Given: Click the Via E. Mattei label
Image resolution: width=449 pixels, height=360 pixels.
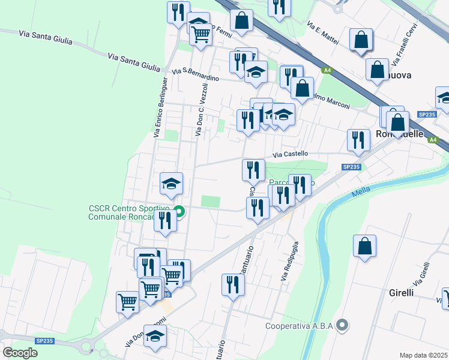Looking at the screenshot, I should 323,34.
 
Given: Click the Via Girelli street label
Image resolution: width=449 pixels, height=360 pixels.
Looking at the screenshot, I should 421,274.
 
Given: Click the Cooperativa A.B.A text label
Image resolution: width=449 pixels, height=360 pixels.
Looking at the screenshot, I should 300,327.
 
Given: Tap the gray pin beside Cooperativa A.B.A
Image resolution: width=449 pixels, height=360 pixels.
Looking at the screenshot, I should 342,326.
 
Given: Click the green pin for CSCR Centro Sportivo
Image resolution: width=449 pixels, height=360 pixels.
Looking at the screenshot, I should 179,212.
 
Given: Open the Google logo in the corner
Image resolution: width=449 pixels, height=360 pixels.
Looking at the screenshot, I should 20,352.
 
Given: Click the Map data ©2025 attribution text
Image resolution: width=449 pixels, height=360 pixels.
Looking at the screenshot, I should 423,355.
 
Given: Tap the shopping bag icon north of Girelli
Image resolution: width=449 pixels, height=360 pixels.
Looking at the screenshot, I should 364,246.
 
